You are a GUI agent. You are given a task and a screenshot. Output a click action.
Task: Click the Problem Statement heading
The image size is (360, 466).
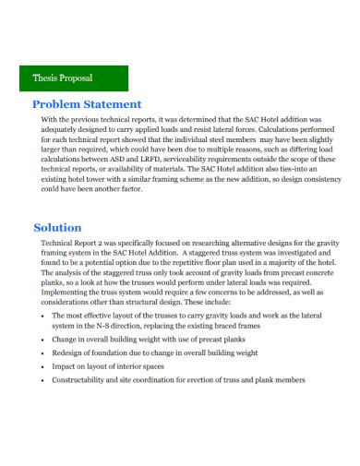click(x=87, y=104)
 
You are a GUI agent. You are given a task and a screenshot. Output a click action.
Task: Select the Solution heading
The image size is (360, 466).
click(x=57, y=227)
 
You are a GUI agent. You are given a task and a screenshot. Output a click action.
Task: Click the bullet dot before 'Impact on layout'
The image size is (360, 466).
click(x=44, y=365)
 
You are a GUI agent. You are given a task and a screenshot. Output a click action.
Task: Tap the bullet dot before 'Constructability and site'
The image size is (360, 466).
click(x=44, y=379)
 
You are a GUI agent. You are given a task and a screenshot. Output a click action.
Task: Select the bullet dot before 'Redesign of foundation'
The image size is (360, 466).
click(x=44, y=352)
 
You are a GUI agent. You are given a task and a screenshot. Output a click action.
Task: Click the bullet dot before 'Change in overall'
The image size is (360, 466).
click(x=44, y=339)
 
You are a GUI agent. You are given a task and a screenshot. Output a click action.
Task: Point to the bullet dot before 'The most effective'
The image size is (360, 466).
click(x=44, y=315)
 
